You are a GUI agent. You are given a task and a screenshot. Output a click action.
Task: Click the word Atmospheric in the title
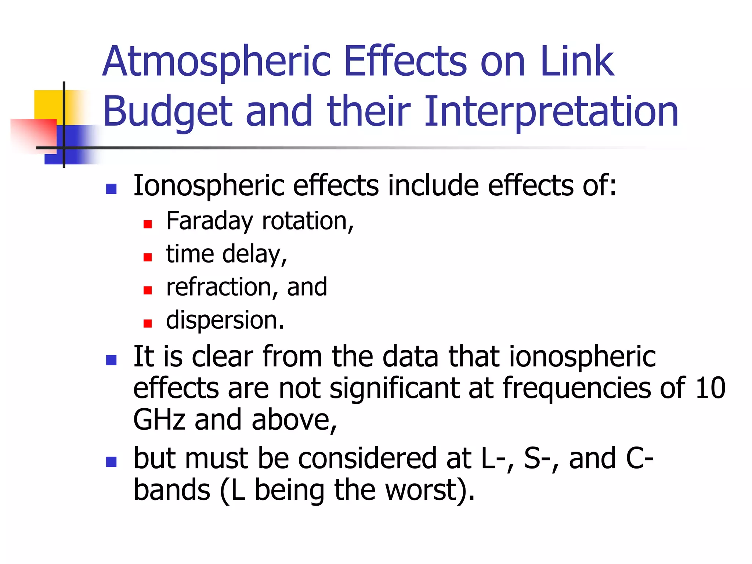point(217,62)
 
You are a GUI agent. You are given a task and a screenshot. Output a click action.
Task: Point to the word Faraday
point(210,221)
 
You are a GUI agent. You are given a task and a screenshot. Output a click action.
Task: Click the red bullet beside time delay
point(148,257)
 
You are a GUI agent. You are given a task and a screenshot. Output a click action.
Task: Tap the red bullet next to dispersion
point(148,323)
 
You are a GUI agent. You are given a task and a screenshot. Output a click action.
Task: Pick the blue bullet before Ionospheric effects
point(111,189)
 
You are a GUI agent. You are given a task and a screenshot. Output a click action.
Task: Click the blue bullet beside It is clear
point(111,360)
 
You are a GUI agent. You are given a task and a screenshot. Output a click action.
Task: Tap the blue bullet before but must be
point(111,462)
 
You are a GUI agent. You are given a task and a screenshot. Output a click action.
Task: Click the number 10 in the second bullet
point(710,388)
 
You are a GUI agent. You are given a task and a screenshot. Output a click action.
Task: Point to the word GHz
point(159,420)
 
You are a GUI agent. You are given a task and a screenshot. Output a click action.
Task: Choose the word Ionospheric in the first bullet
point(209,186)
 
